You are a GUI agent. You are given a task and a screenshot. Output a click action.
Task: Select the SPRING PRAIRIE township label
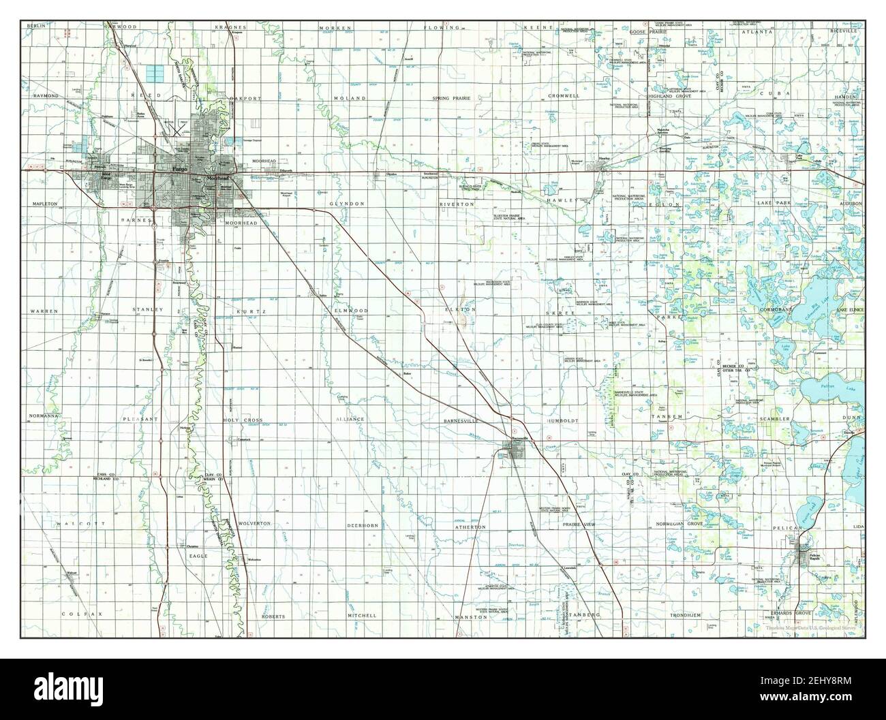pos(457,98)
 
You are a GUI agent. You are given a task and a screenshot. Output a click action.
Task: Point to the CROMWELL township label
pos(564,96)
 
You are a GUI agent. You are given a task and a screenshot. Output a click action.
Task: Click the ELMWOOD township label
pos(352,310)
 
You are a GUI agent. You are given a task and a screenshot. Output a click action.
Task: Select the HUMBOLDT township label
pos(562,421)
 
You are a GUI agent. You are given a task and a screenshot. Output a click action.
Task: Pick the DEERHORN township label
pos(362,525)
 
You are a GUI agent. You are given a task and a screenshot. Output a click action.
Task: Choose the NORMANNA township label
pos(44,415)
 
